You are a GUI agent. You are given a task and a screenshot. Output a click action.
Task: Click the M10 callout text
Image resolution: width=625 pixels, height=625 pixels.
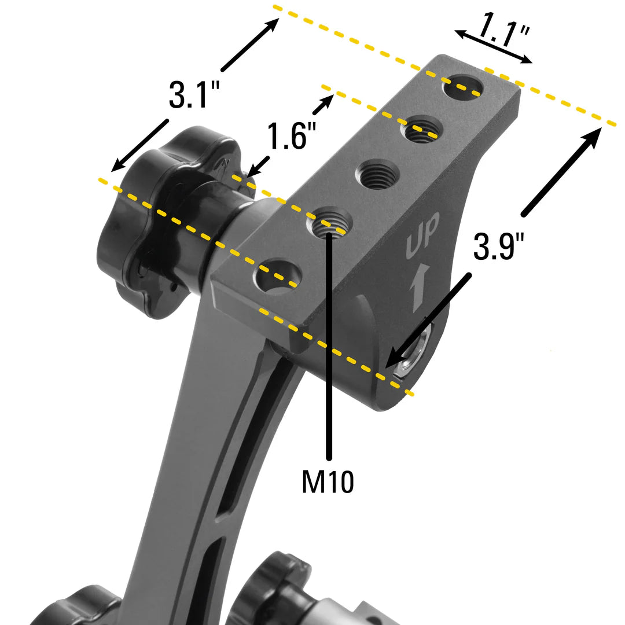click(328, 481)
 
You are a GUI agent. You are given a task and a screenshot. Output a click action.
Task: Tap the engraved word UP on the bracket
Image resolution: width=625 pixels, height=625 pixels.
click(423, 235)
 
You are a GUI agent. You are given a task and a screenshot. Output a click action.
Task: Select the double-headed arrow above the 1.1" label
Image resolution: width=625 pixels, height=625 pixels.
click(493, 46)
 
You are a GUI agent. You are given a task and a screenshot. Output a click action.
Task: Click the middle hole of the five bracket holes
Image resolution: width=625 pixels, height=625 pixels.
click(377, 174)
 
